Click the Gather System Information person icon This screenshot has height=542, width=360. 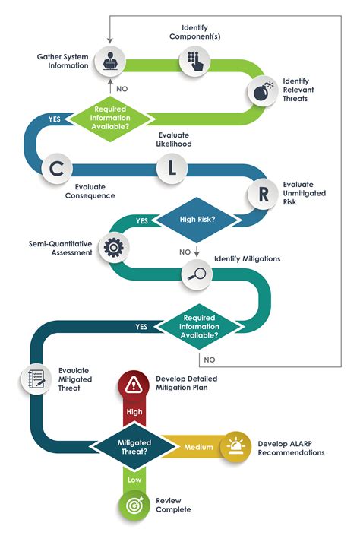click(x=112, y=61)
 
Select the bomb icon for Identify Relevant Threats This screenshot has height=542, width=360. click(x=261, y=92)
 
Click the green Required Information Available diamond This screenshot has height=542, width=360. click(x=112, y=118)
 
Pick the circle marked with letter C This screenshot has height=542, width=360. click(x=57, y=169)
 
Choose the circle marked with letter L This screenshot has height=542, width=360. click(x=172, y=169)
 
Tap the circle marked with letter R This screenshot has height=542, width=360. click(x=263, y=195)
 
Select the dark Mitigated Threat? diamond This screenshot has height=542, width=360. click(x=133, y=446)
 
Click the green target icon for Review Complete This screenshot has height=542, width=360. click(x=133, y=504)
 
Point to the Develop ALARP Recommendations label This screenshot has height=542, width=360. click(x=291, y=447)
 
